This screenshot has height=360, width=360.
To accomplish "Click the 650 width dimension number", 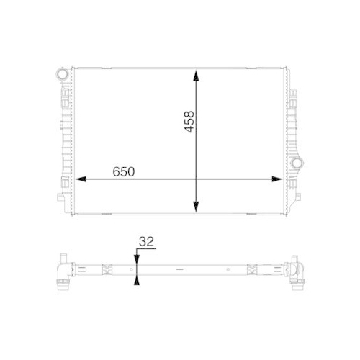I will click(x=124, y=173).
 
